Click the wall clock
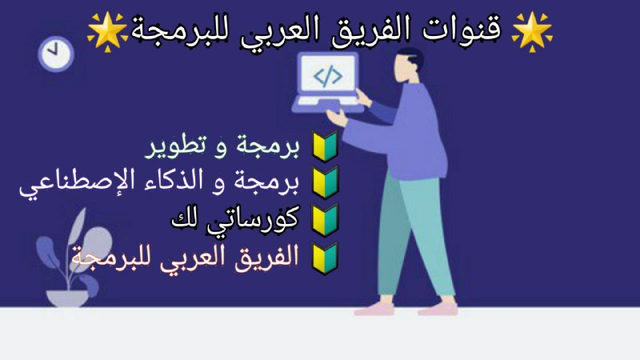point(56,54)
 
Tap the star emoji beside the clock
point(107,32)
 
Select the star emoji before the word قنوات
point(532,32)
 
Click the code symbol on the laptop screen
point(328,76)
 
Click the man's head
point(409,66)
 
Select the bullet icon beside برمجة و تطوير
point(326,146)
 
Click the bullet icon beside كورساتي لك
point(326,221)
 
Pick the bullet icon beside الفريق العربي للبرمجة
point(326,258)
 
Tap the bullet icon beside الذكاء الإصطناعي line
point(326,182)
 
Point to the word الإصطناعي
point(70,183)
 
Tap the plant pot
point(67,298)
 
